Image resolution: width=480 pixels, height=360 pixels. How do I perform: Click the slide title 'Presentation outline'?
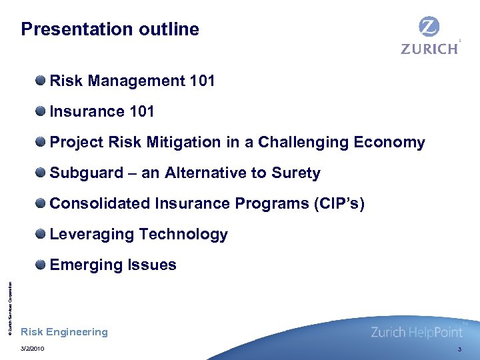[x=110, y=29]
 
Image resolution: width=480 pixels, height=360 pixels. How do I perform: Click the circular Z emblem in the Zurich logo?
[x=429, y=27]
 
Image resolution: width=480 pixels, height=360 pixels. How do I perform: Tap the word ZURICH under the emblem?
[x=429, y=48]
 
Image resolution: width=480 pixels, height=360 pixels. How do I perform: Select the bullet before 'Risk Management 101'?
[x=41, y=81]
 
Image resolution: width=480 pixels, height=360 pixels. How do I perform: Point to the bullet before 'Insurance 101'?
[x=41, y=112]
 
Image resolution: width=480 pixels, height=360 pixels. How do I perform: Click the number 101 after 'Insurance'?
[x=141, y=112]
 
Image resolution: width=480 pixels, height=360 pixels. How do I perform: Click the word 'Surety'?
[x=296, y=173]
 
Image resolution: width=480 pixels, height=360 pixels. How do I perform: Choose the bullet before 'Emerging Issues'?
[x=41, y=265]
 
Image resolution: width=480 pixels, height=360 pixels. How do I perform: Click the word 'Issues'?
[x=153, y=265]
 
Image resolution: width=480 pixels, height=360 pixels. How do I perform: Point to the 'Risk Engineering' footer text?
[x=64, y=332]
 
